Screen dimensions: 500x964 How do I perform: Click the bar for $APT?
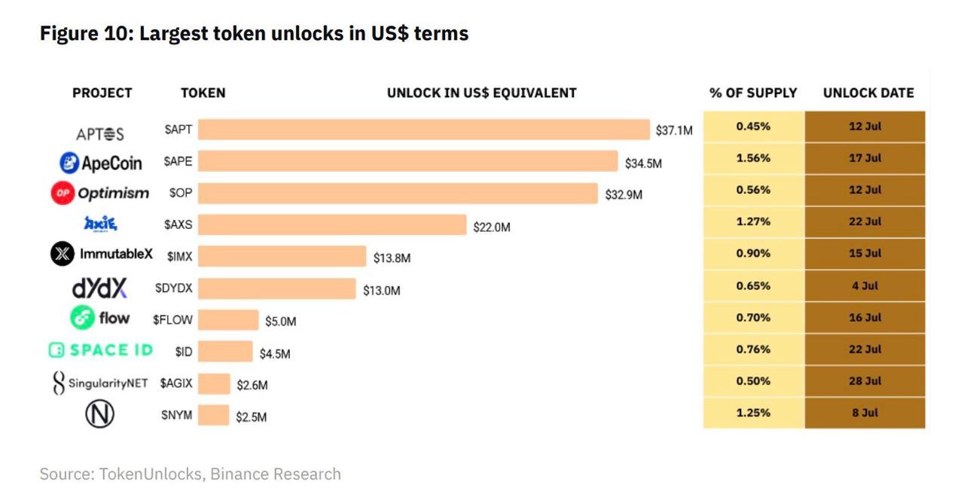click(423, 130)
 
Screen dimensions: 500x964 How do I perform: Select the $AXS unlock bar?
click(332, 225)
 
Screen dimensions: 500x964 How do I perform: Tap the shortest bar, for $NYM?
click(214, 416)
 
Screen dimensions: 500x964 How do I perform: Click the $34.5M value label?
click(643, 163)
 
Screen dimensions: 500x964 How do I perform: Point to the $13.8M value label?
click(392, 258)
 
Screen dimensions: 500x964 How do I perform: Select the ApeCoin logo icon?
click(70, 162)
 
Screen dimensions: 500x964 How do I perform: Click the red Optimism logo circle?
click(62, 194)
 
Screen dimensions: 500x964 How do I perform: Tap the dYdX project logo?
click(99, 288)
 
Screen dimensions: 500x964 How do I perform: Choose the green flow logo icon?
click(81, 319)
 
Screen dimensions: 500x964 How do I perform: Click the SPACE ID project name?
click(101, 350)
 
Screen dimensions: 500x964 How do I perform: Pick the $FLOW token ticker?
click(172, 320)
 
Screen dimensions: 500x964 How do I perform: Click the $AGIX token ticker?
click(176, 383)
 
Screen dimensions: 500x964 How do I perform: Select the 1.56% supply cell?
click(753, 158)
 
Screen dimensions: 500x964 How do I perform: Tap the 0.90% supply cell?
click(753, 254)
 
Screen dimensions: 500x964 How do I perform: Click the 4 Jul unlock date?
click(865, 285)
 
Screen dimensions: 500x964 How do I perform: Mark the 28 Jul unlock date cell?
click(865, 381)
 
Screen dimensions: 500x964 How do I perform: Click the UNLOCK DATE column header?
click(868, 93)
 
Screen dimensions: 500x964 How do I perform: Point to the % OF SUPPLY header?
click(753, 93)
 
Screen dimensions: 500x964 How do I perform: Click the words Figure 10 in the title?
click(84, 34)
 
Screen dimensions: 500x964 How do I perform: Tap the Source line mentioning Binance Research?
click(190, 474)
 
